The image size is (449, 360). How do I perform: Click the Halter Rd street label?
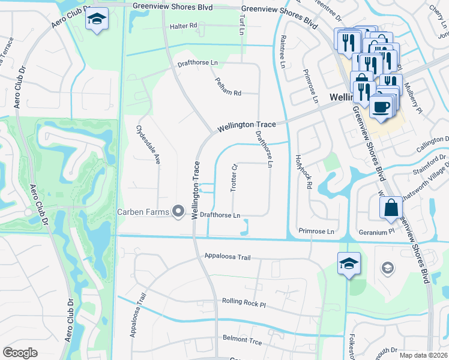(x=183, y=26)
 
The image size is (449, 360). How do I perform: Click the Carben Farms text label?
(x=143, y=211)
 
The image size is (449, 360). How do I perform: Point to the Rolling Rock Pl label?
(x=243, y=304)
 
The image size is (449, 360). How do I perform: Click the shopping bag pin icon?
(x=391, y=208)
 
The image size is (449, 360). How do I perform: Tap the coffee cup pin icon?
(x=381, y=107)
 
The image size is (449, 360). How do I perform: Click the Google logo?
(x=20, y=353)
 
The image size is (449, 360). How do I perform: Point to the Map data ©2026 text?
(x=423, y=355)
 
